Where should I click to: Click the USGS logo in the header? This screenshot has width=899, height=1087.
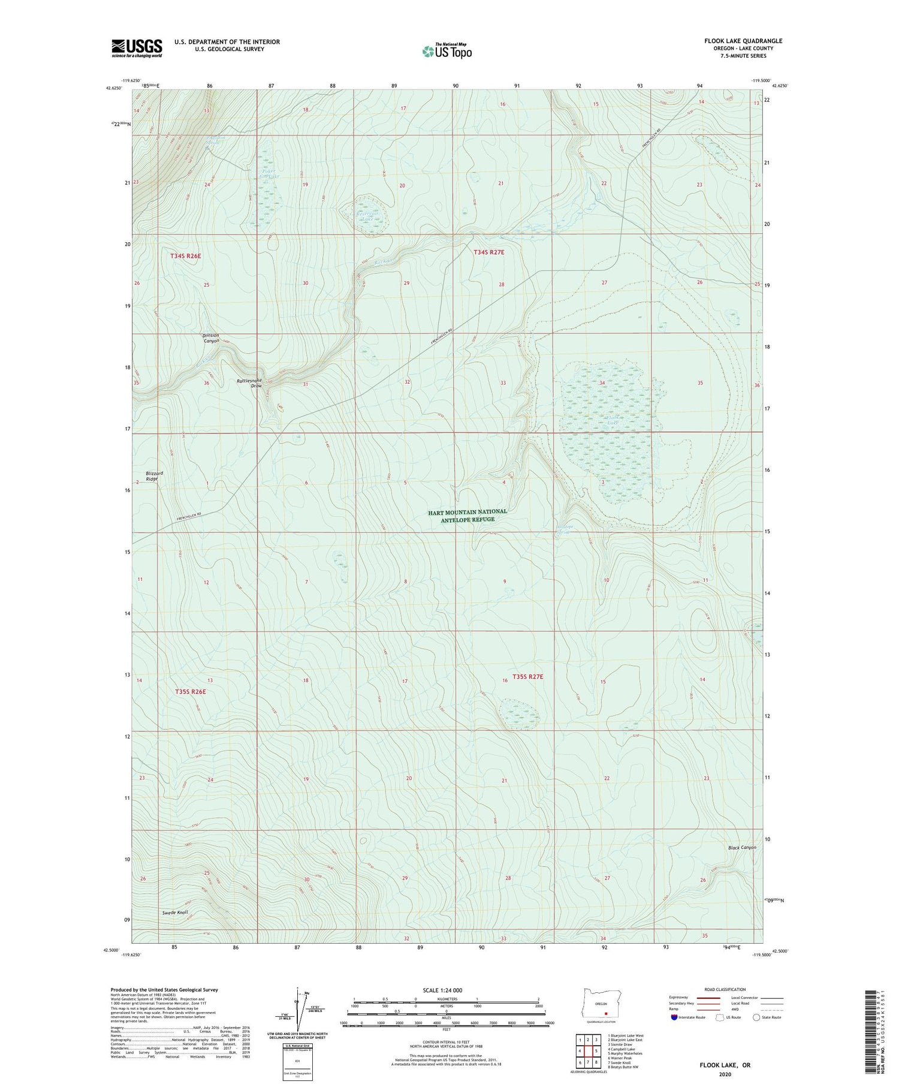(x=137, y=48)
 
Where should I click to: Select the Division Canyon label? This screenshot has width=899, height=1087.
(x=211, y=338)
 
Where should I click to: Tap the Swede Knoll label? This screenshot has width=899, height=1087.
(x=176, y=913)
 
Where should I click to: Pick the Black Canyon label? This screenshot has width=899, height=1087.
(x=742, y=848)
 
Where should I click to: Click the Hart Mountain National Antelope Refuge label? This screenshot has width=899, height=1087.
(x=467, y=515)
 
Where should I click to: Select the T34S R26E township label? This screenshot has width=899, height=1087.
(x=185, y=256)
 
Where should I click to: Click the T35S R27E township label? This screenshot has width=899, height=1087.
(x=527, y=677)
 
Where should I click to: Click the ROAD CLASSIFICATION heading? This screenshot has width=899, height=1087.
(x=725, y=989)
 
